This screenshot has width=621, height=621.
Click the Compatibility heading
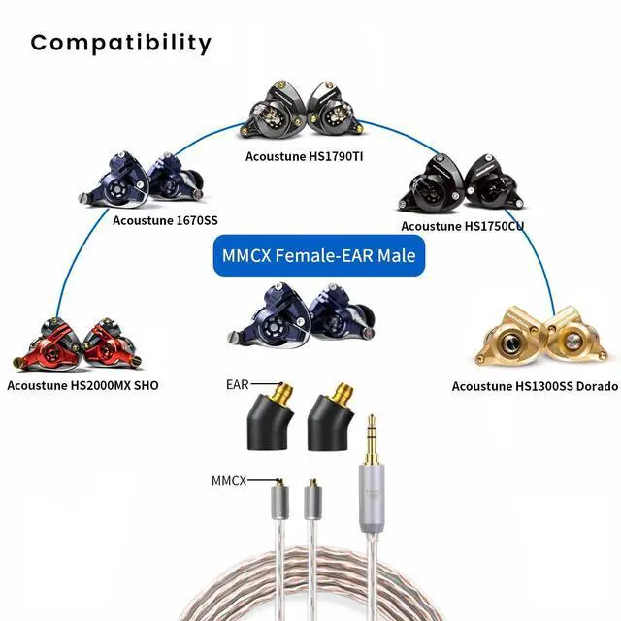(120, 43)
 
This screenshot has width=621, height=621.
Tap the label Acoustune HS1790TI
(306, 154)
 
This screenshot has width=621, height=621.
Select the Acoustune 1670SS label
(165, 220)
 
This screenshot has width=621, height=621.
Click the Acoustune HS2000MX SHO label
(82, 385)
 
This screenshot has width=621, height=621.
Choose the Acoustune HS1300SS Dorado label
(534, 386)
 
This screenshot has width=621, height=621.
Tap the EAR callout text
(238, 385)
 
